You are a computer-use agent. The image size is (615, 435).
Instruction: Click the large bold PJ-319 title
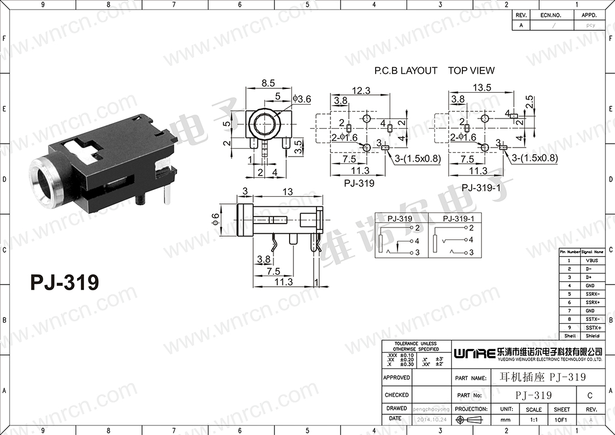pos(64,282)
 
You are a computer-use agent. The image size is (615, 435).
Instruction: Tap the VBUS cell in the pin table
pos(592,260)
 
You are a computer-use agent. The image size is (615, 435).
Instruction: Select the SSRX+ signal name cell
pos(592,302)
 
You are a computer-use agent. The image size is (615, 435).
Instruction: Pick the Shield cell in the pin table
pos(592,336)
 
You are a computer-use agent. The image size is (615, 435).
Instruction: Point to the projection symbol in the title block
pos(472,418)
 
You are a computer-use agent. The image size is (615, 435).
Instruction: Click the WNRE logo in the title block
pos(474,353)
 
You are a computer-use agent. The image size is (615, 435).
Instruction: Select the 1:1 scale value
pos(533,419)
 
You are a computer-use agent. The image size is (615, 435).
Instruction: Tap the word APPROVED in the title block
pos(396,377)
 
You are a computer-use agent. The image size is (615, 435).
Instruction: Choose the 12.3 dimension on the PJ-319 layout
pos(361,91)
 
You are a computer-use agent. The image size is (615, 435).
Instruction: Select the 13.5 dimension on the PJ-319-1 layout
pos(482,87)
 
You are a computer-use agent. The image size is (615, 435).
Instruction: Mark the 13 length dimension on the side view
pos(287,192)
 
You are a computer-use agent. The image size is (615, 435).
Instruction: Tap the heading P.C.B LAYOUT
pos(406,70)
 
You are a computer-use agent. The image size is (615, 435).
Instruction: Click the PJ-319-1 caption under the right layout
pos(481,187)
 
